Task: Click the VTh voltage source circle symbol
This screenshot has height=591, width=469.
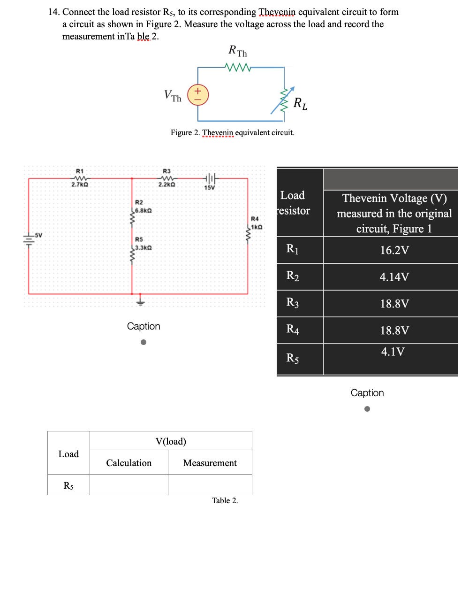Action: point(198,95)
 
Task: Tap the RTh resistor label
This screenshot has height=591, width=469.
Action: point(238,51)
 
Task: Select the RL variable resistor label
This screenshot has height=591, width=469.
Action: point(300,103)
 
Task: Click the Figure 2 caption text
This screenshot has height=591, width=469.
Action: point(232,133)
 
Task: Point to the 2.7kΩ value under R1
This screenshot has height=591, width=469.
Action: point(80,185)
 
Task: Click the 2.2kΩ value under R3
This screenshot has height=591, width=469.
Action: point(166,185)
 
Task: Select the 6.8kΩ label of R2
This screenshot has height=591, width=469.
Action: point(143,211)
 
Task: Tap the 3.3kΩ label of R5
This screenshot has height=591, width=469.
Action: point(143,247)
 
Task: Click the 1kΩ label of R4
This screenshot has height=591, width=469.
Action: point(256,227)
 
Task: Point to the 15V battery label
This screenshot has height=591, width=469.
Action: point(209,188)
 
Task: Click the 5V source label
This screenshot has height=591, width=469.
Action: point(38,235)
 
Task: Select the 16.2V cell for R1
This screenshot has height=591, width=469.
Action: point(394,250)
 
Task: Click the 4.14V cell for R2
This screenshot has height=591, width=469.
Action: point(394,277)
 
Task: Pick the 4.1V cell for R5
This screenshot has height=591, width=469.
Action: point(393,352)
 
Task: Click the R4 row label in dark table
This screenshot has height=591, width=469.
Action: point(293,330)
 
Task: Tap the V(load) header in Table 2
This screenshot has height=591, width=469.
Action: point(171,441)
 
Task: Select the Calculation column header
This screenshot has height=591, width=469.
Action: point(129,463)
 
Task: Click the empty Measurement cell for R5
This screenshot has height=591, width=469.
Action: point(210,484)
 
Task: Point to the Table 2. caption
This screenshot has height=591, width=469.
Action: point(225,501)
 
